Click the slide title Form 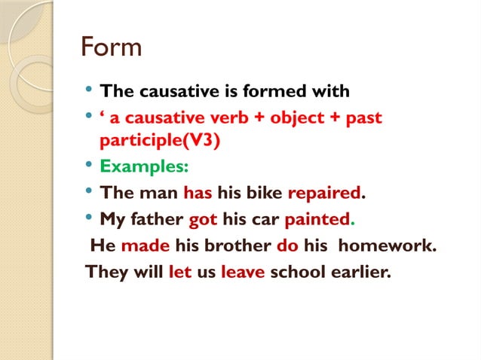pos(112,47)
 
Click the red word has pos(198,193)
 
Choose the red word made pos(146,246)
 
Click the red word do pos(288,246)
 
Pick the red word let pos(180,271)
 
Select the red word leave pos(243,271)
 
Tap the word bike pos(265,193)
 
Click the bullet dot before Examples pos(90,166)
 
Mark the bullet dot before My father pos(90,219)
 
